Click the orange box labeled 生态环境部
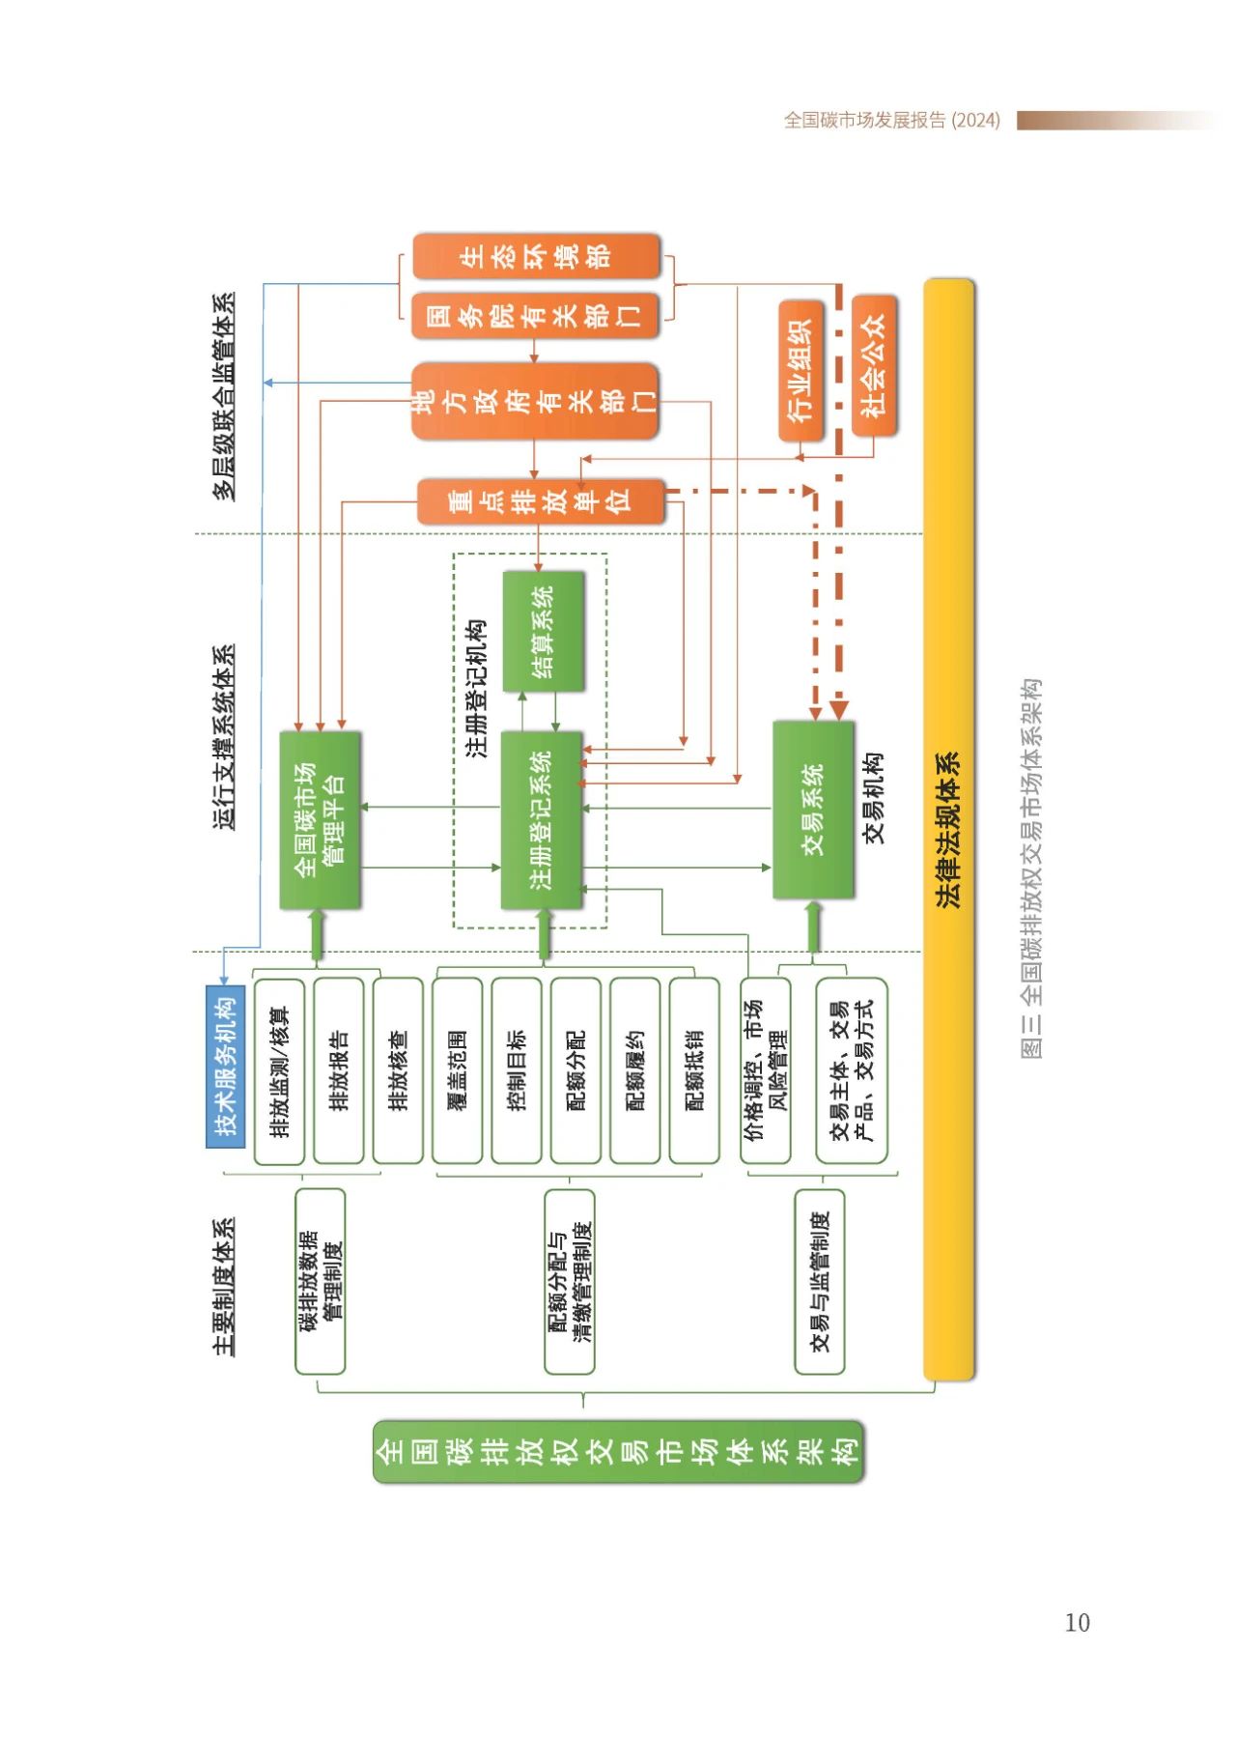coord(536,256)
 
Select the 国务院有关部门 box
coord(536,316)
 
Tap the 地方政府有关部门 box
coord(535,401)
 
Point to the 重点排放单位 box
coord(541,501)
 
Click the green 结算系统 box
coord(544,631)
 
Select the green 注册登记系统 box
coord(542,819)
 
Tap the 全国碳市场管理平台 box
coord(320,819)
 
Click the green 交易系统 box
coord(813,810)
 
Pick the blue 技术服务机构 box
coord(225,1066)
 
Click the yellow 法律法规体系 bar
coord(949,829)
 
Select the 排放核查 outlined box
coord(398,1070)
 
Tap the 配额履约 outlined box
coord(635,1070)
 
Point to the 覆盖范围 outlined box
coord(458,1070)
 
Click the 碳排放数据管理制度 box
coord(320,1281)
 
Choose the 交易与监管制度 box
coord(820,1281)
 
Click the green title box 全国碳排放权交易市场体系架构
coord(618,1451)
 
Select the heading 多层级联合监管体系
coord(224,396)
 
